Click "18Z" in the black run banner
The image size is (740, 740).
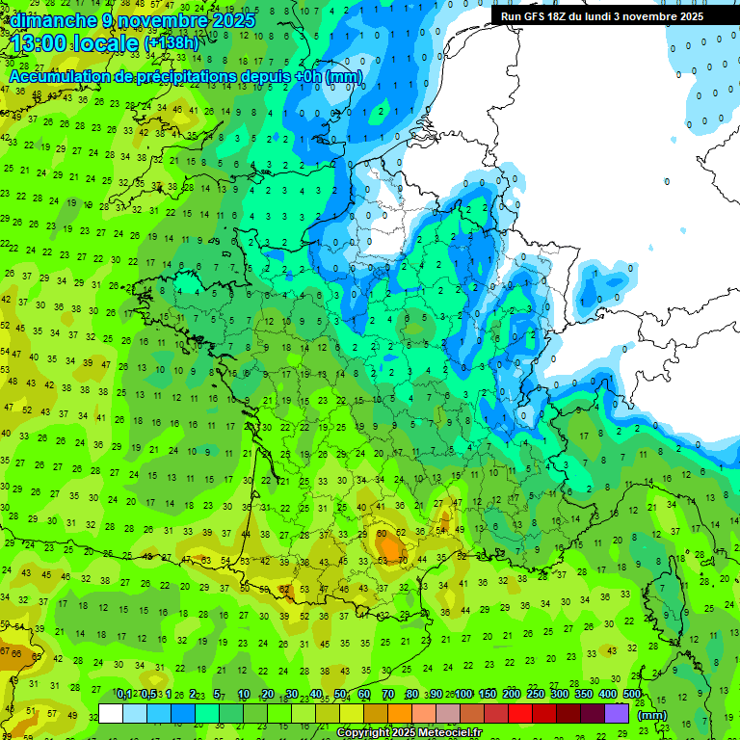tap(569, 16)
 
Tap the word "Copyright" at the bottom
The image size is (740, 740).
tap(366, 733)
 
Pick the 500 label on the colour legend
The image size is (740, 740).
tap(631, 694)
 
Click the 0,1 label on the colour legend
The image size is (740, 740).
tap(123, 694)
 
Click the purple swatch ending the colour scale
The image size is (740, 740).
tap(617, 713)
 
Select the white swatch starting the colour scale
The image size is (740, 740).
tap(111, 713)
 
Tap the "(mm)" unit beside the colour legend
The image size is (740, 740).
tap(652, 715)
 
